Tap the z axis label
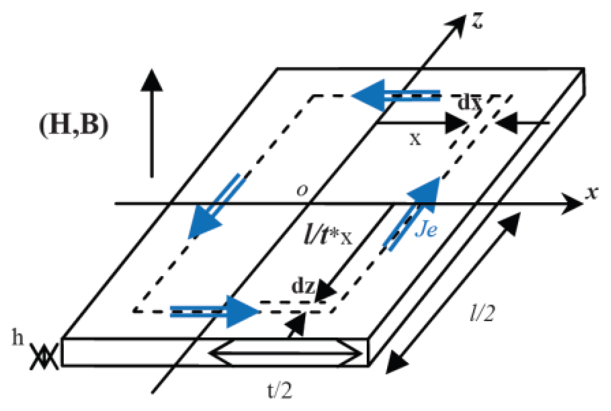(x=477, y=20)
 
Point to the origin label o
(x=302, y=190)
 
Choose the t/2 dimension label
(x=280, y=391)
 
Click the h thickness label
(x=18, y=337)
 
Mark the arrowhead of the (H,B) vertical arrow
(x=152, y=81)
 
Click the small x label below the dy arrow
(x=415, y=139)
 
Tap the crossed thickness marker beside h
(x=44, y=357)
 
